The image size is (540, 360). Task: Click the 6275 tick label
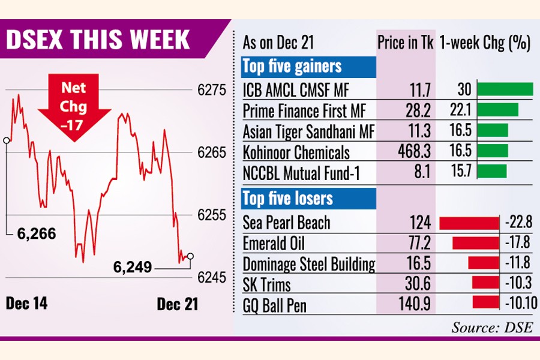click(x=211, y=90)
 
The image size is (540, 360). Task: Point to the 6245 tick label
click(x=211, y=278)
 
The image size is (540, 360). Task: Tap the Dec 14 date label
click(x=26, y=304)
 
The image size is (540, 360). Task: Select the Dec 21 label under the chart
click(x=177, y=304)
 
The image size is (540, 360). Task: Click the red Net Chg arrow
click(x=74, y=109)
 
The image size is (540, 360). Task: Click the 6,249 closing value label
click(x=132, y=266)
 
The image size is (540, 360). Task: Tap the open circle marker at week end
click(x=190, y=256)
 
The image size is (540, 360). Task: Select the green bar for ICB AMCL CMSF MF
click(x=506, y=90)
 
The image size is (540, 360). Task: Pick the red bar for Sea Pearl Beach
click(x=469, y=223)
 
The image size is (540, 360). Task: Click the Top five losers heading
click(x=287, y=197)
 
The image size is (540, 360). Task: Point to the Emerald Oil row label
click(x=274, y=244)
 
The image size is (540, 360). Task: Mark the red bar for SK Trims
click(x=485, y=283)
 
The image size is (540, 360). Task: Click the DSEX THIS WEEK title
click(x=98, y=40)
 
